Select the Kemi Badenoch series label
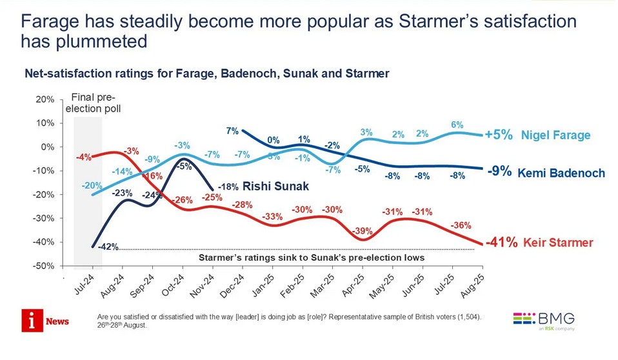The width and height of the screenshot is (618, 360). (561, 173)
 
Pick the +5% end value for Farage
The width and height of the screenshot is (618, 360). (499, 135)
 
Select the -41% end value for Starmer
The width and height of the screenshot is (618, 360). (501, 243)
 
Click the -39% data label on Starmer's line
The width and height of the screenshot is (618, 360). (362, 231)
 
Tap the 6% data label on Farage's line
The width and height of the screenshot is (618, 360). (456, 125)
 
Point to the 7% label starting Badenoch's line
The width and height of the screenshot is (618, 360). (232, 131)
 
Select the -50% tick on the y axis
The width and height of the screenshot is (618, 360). (44, 266)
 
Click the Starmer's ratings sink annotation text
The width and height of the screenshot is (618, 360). (311, 257)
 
